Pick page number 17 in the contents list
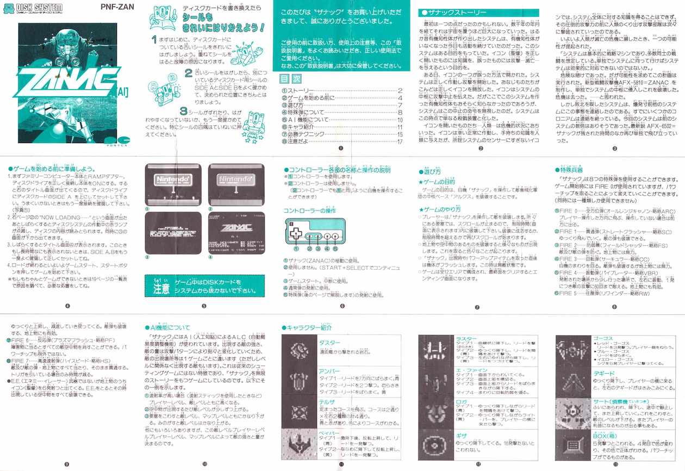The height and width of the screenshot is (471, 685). tap(399, 141)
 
